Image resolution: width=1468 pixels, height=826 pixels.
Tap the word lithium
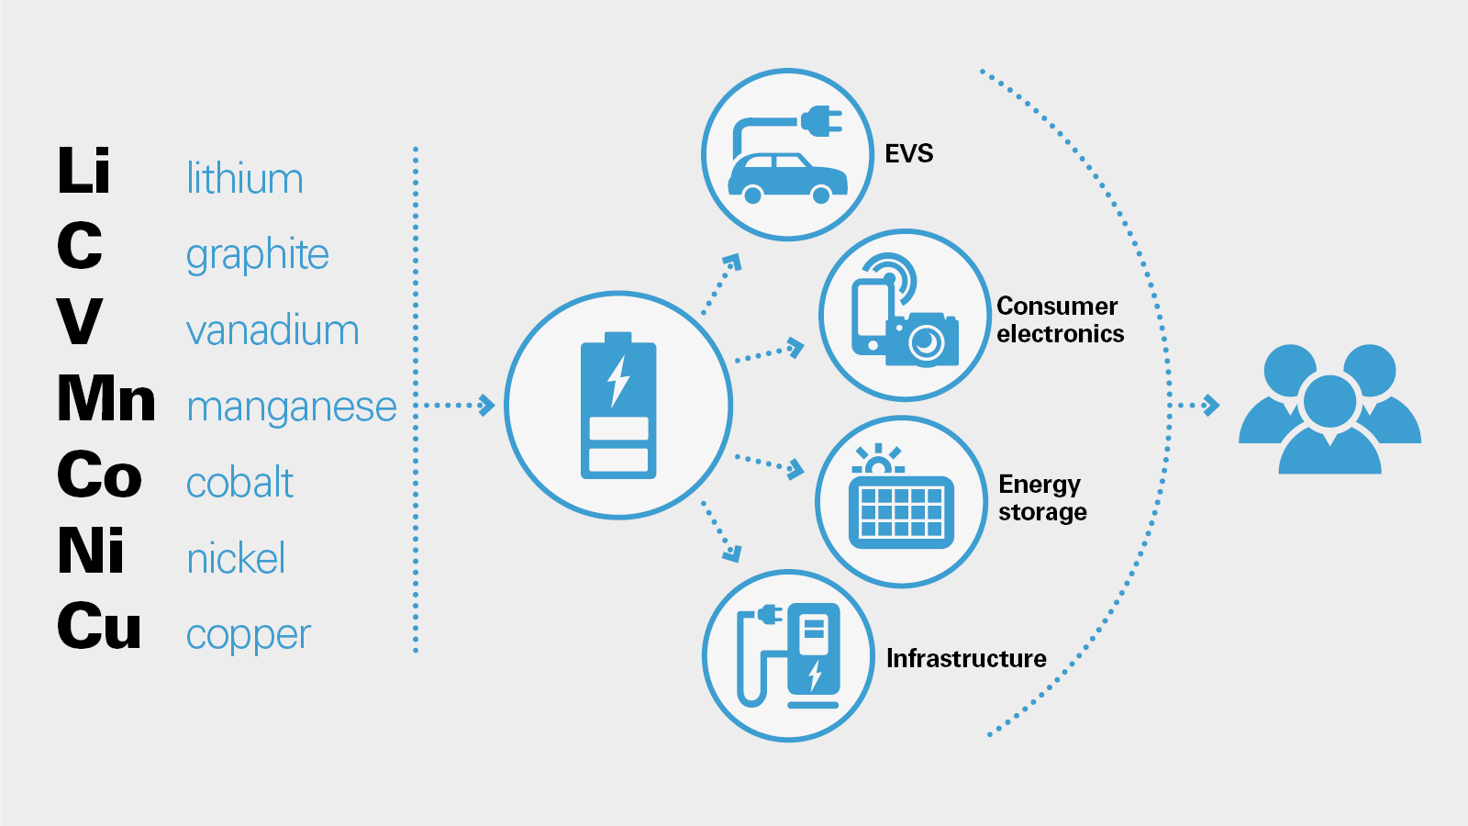244,178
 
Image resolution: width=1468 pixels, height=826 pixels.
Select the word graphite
257,255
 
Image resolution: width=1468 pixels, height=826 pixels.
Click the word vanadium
272,330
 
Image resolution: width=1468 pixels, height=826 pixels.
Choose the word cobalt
239,483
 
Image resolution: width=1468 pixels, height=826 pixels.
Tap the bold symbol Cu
99,627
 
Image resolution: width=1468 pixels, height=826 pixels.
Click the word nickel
236,558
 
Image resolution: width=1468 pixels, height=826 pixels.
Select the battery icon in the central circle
618,406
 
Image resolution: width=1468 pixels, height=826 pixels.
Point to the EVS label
908,153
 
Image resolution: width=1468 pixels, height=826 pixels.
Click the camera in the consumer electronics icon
923,340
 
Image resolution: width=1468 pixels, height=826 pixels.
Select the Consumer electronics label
1060,319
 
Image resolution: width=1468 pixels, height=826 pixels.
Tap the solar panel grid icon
901,511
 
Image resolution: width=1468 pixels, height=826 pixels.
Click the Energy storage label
1042,497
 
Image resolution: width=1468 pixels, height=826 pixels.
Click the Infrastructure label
966,658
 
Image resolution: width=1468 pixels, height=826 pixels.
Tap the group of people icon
1329,409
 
